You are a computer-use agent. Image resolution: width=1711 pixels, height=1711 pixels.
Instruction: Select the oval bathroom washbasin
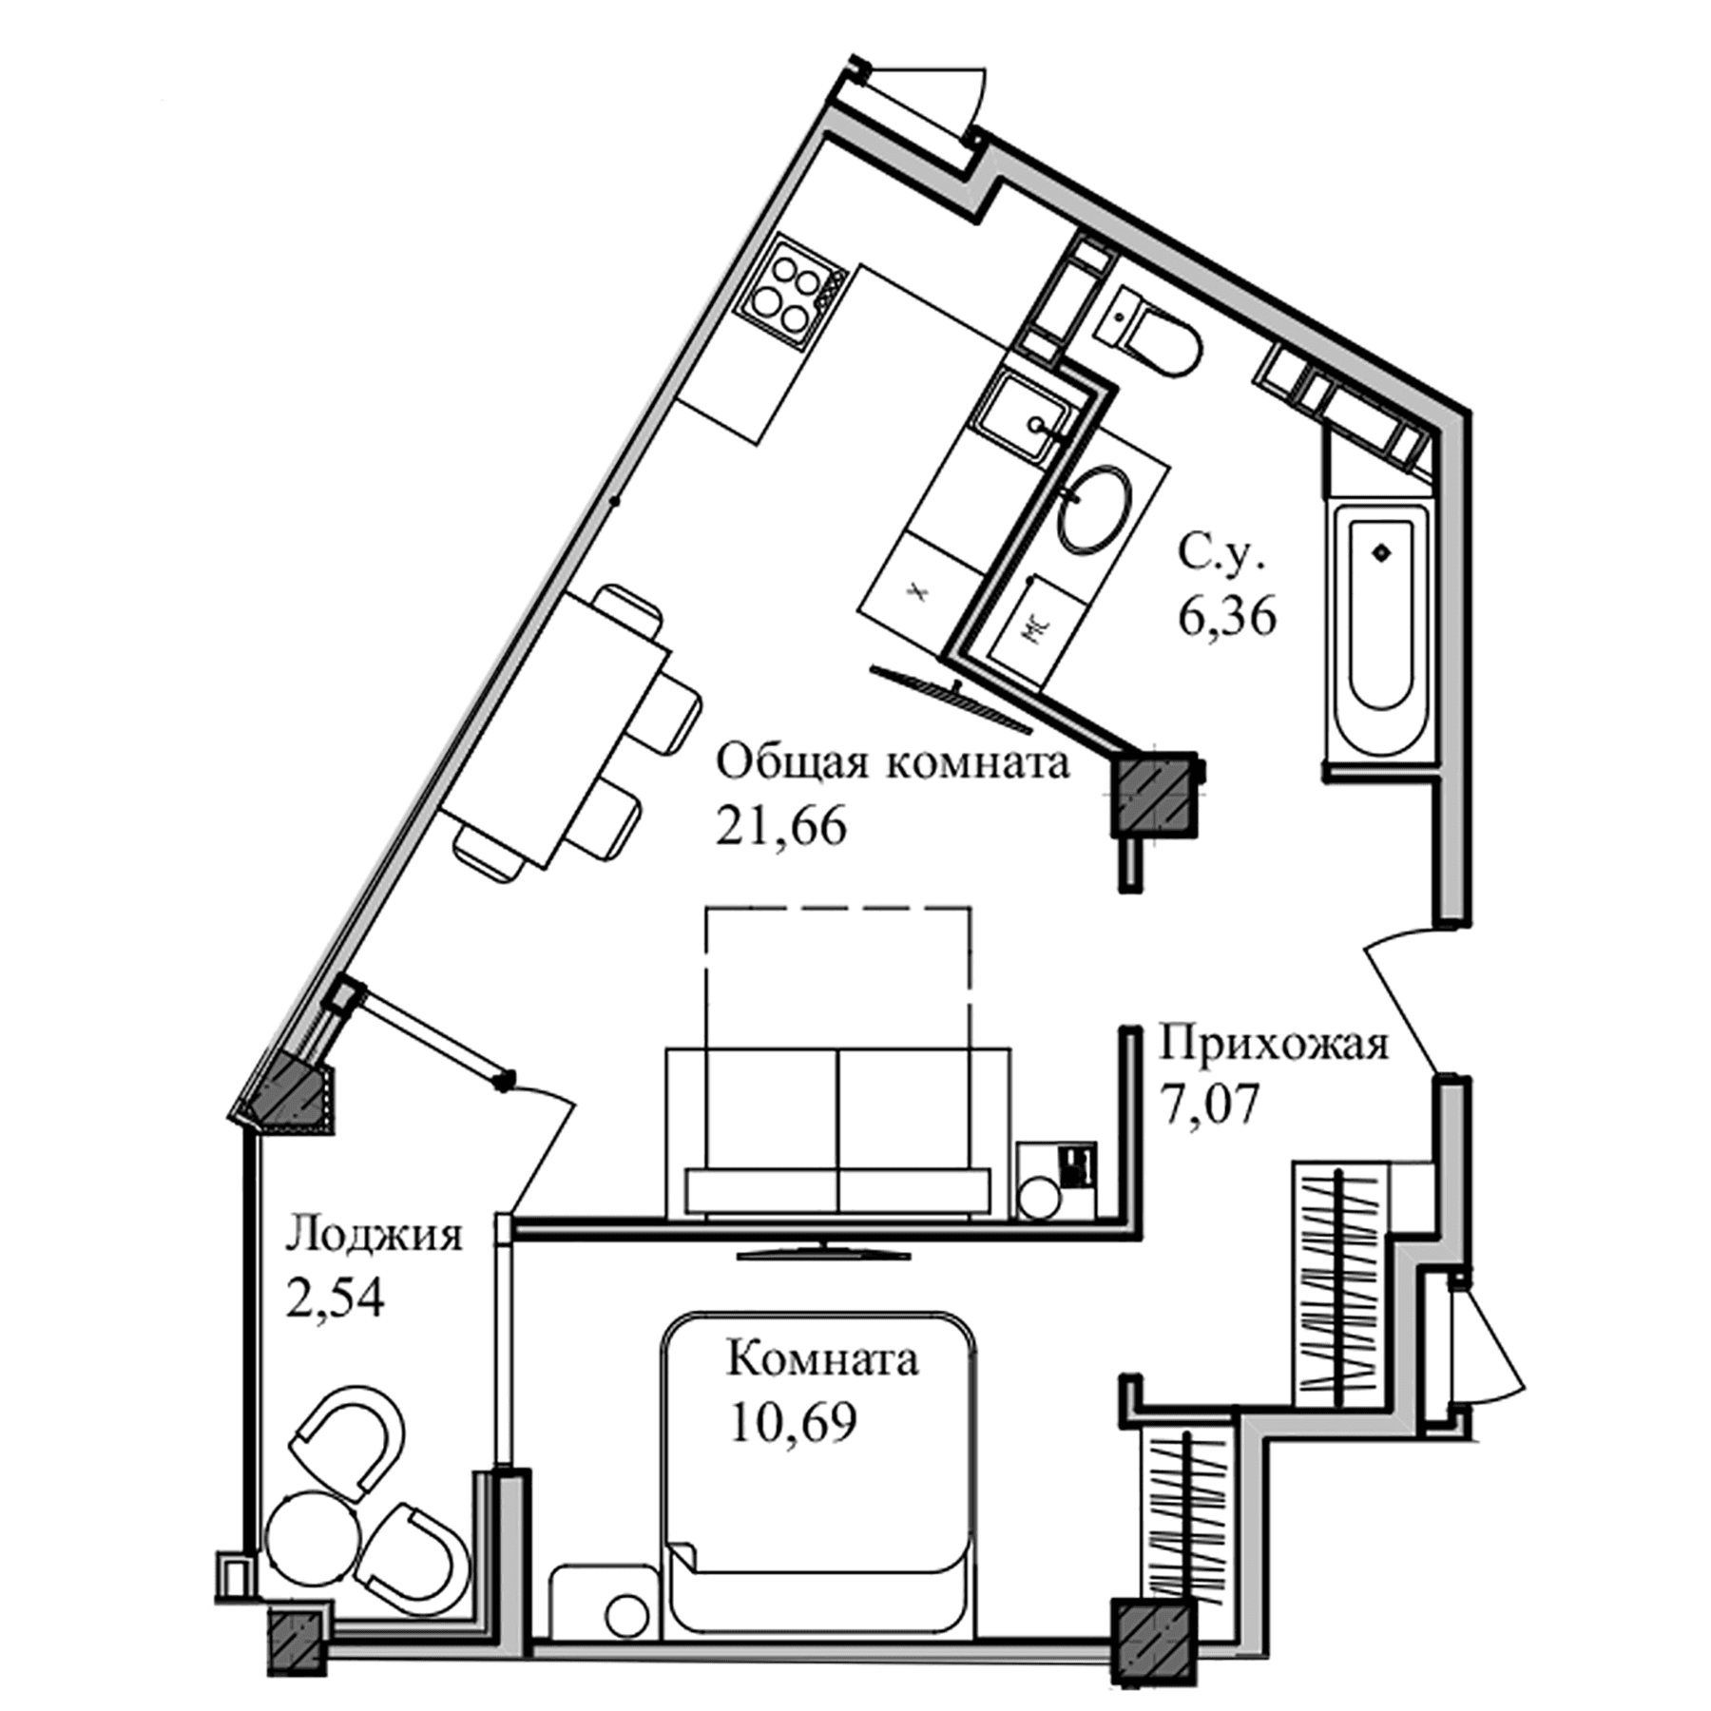coord(1095,509)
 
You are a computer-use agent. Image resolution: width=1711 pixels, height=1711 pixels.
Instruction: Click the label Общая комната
coord(892,763)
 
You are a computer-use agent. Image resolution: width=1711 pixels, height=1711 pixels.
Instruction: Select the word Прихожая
coord(1273,1044)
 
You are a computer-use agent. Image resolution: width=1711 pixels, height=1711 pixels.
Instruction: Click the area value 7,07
coord(1209,1103)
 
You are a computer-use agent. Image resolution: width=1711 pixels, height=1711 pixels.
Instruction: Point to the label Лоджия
coord(374,1236)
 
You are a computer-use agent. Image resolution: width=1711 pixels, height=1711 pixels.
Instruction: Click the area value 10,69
coord(794,1423)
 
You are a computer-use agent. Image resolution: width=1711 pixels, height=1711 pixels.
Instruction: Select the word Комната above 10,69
coord(822,1360)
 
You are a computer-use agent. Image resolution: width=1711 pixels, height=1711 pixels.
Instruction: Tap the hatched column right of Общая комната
coord(1152,794)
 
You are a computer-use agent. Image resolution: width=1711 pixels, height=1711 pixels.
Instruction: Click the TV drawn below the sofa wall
coord(823,1254)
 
